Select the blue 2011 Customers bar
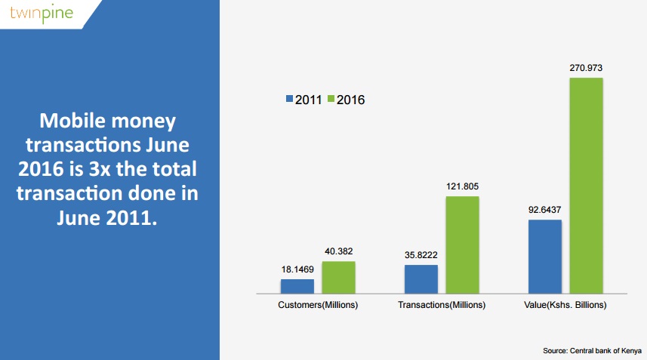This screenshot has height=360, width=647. click(297, 285)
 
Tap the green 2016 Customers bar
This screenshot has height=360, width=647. click(338, 276)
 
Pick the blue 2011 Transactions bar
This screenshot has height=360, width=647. click(421, 278)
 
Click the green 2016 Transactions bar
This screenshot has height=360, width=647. click(462, 244)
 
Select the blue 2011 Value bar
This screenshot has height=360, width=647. click(544, 255)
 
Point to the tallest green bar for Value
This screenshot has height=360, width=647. click(586, 184)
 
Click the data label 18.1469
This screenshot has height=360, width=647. click(297, 269)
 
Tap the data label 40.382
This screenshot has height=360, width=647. click(338, 252)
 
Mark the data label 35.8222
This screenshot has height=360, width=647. click(421, 255)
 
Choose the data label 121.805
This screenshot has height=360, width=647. click(462, 186)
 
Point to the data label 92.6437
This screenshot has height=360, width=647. click(544, 210)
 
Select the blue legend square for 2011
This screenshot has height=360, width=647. click(290, 99)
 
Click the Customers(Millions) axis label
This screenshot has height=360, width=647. click(317, 305)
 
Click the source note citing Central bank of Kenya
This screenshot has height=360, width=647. click(593, 351)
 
